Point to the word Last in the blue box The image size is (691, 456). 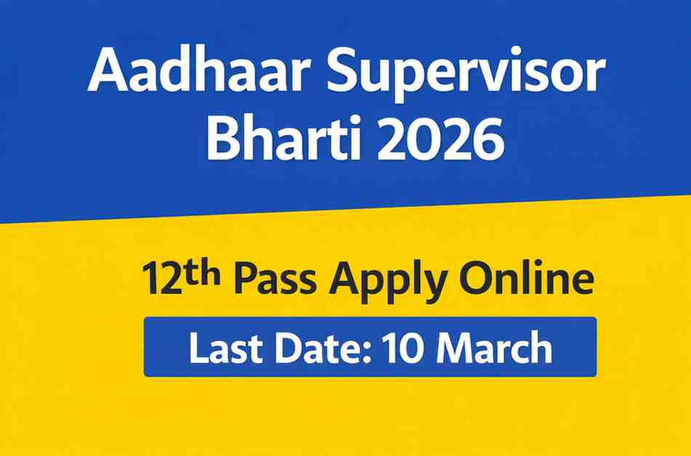(222, 348)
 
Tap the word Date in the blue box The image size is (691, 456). (318, 348)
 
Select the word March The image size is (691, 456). (498, 348)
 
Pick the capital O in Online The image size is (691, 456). (476, 281)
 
